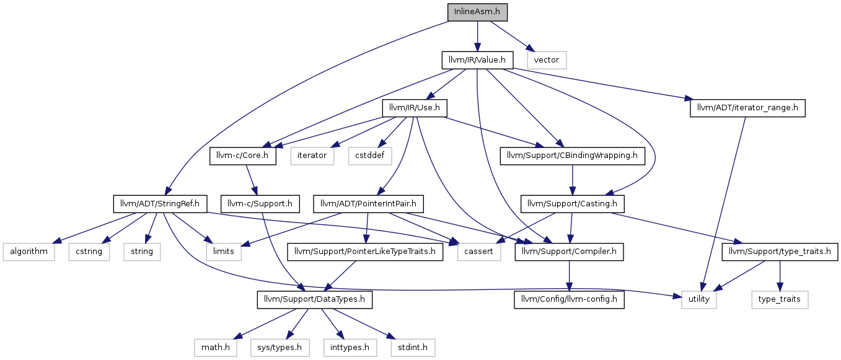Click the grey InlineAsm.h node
tap(477, 12)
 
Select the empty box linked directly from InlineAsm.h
tap(547, 60)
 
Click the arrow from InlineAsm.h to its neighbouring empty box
tap(511, 36)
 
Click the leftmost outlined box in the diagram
tap(29, 252)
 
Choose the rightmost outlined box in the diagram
tap(780, 300)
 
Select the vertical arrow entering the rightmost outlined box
tap(780, 276)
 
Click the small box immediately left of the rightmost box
tap(699, 300)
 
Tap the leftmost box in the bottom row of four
tap(216, 348)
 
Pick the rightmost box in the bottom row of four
tap(413, 348)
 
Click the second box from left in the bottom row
tap(280, 348)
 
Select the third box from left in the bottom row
tap(350, 348)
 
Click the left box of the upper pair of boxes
tap(312, 156)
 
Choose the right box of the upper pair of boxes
tap(370, 156)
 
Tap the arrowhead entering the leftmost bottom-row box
tap(237, 337)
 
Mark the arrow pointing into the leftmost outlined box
tap(93, 228)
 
